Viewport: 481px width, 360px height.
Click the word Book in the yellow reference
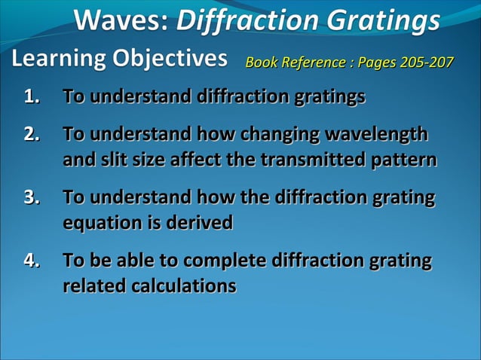260,62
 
